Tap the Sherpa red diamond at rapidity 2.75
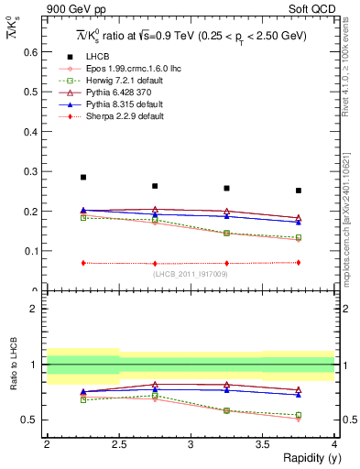pyautogui.click(x=155, y=263)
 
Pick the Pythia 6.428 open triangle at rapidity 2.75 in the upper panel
pyautogui.click(x=155, y=210)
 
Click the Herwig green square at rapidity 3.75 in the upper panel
pyautogui.click(x=299, y=237)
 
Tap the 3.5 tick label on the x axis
pyautogui.click(x=262, y=444)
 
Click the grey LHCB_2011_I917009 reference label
pyautogui.click(x=190, y=273)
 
